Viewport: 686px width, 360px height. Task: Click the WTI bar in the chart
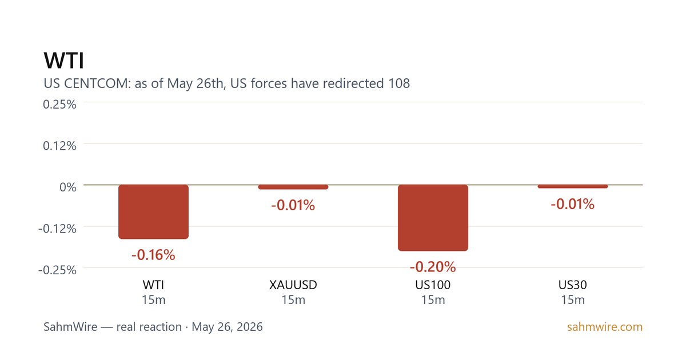(153, 211)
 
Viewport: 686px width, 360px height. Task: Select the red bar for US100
(433, 218)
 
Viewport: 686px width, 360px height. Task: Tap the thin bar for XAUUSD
(293, 187)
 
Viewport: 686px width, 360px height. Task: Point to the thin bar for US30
(573, 186)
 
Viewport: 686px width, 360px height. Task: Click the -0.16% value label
(153, 255)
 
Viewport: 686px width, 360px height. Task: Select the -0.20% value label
(433, 267)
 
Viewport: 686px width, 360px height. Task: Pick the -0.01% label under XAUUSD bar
(293, 205)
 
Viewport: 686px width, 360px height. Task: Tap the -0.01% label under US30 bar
(573, 204)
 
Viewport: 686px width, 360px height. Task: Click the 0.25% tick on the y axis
(59, 105)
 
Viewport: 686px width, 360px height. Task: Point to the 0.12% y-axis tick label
(59, 146)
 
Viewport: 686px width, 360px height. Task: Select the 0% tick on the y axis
(68, 187)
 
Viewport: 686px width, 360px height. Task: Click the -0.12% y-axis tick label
(57, 229)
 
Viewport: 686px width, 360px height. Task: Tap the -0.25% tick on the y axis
(57, 270)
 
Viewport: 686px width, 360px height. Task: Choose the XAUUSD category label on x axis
(293, 285)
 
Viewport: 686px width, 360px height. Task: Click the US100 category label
(433, 285)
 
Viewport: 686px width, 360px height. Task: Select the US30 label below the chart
(573, 285)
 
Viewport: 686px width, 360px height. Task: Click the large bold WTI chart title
(63, 61)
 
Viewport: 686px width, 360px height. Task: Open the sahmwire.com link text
(605, 327)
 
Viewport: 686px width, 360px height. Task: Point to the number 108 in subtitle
(399, 83)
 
